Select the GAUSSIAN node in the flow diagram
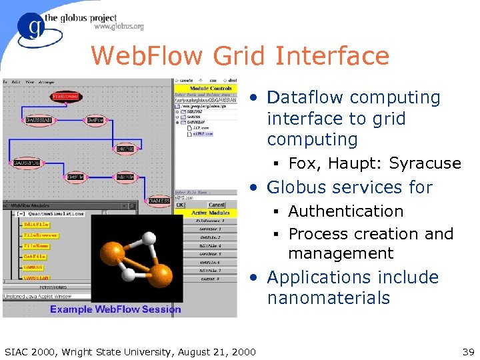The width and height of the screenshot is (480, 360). [39, 120]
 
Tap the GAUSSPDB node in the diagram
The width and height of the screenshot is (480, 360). [27, 162]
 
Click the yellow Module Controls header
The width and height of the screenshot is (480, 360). [211, 88]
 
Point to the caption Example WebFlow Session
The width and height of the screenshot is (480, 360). [115, 309]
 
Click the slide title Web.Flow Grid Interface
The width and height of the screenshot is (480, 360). [239, 55]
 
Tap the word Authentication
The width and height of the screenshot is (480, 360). [345, 211]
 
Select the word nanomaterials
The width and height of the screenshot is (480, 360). [328, 298]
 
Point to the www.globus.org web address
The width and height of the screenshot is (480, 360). [119, 27]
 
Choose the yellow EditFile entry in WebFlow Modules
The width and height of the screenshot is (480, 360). [36, 225]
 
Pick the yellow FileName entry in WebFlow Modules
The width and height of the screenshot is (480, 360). [36, 246]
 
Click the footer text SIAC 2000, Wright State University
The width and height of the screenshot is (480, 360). [129, 351]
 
